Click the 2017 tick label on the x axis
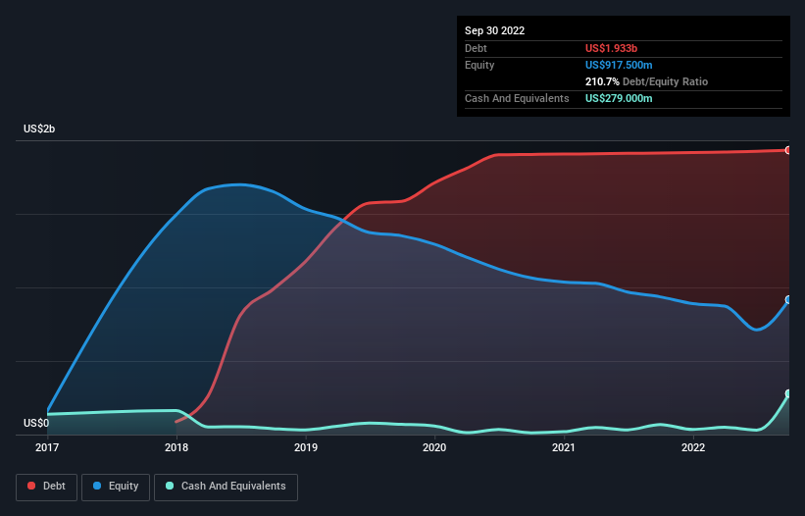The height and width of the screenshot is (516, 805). [47, 448]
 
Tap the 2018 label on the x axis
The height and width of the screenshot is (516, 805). [176, 448]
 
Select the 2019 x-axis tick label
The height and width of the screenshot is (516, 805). [306, 448]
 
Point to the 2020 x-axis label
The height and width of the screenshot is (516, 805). [434, 448]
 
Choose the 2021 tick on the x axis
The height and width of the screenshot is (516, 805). [564, 448]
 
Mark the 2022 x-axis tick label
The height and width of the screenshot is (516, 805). [693, 448]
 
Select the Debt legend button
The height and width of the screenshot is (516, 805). [45, 487]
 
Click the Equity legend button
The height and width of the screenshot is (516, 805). [116, 487]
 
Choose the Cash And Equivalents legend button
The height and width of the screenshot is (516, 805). [226, 487]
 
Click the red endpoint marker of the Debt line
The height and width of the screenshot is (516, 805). [788, 150]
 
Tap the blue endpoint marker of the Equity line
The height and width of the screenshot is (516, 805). [788, 300]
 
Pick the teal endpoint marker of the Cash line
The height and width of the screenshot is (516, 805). [788, 393]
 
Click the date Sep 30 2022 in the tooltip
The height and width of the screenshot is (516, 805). [494, 30]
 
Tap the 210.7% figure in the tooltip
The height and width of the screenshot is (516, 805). [601, 81]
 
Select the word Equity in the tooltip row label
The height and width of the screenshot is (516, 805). [479, 65]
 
